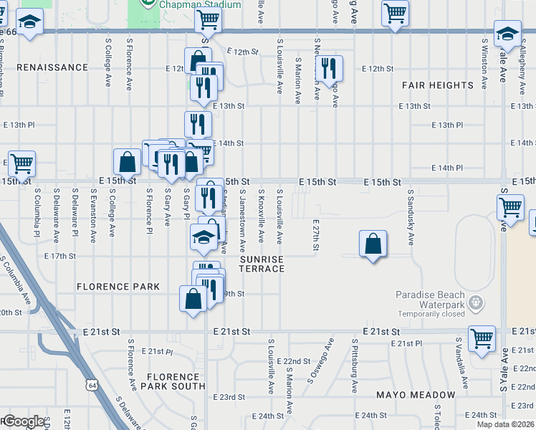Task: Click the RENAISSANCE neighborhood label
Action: (x=52, y=67)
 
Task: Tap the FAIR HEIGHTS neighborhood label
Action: (x=437, y=85)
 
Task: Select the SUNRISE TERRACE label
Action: (x=262, y=264)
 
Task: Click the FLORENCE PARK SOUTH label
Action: (x=173, y=382)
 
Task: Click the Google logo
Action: (x=24, y=421)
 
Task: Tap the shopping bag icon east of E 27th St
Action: (x=373, y=245)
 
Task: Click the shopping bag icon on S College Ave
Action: (x=127, y=162)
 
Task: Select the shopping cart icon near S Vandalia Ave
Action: (x=482, y=338)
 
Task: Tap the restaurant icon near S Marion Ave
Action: (x=329, y=69)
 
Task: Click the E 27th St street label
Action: (x=315, y=235)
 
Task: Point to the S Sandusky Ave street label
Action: (x=411, y=217)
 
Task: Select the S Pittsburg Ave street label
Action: (x=354, y=365)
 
